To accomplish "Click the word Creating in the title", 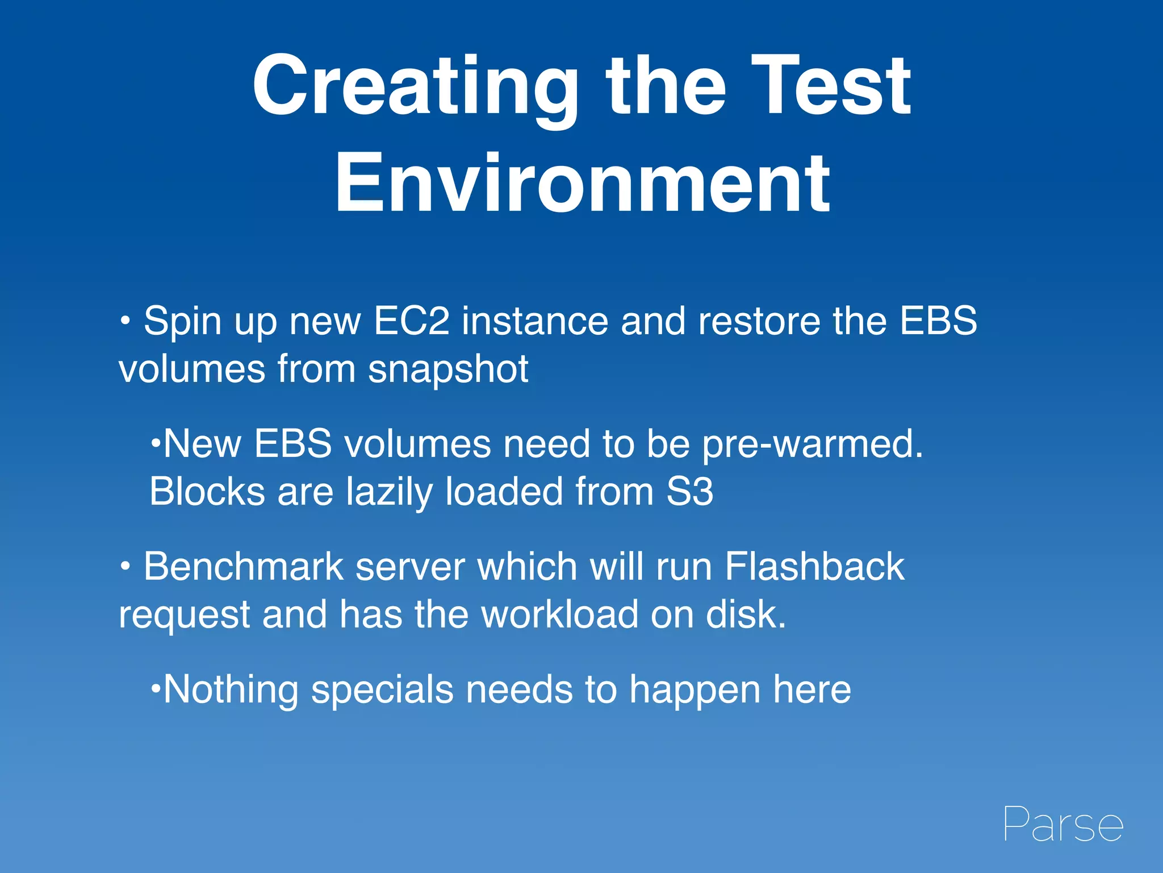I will pyautogui.click(x=415, y=86).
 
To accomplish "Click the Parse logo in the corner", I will pyautogui.click(x=1063, y=824).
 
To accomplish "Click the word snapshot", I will pyautogui.click(x=448, y=369).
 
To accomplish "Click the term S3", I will pyautogui.click(x=689, y=492).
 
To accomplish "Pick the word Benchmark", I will pyautogui.click(x=244, y=567).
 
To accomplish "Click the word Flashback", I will pyautogui.click(x=814, y=567).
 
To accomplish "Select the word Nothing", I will pyautogui.click(x=230, y=690).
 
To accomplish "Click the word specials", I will pyautogui.click(x=382, y=690).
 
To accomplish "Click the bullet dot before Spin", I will pyautogui.click(x=125, y=322).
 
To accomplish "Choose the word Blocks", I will pyautogui.click(x=207, y=492).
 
